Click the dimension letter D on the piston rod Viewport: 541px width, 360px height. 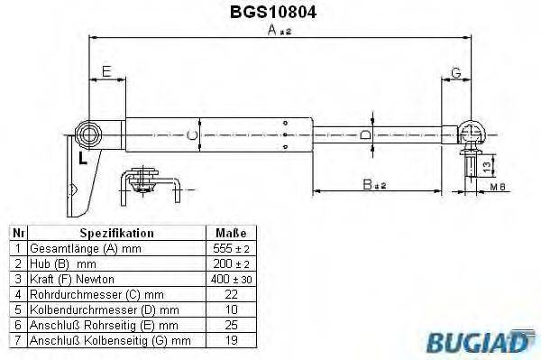coord(364,135)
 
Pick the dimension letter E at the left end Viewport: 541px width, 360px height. coord(106,71)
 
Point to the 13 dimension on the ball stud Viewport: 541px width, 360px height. coord(488,166)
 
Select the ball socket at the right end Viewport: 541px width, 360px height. coord(472,134)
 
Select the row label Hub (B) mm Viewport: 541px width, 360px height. coord(63,263)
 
